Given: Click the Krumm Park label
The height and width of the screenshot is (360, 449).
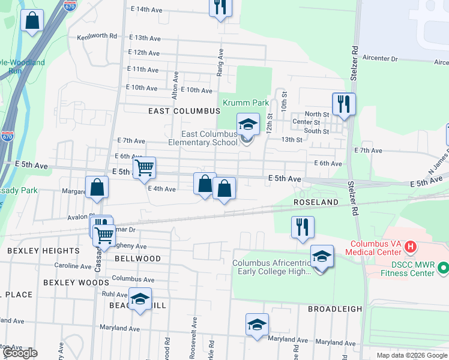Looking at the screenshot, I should pos(246,103).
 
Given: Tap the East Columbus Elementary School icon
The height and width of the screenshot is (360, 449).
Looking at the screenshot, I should pos(247,125).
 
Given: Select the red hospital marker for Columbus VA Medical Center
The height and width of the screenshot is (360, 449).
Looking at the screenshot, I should pos(411,246).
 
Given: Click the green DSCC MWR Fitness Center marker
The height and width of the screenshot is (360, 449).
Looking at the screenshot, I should pos(444,266).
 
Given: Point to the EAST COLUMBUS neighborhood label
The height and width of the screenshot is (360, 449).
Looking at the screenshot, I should pos(184,111).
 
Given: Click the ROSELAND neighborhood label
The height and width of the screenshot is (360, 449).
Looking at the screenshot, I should pos(316,202).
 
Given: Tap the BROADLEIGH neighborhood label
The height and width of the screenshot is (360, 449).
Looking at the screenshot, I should pos(335,309).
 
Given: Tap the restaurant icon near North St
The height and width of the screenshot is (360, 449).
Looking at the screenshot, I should pos(343,103).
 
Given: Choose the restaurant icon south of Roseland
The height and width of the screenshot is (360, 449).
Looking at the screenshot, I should pos(302,227).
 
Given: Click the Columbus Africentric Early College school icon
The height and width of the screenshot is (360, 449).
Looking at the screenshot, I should pos(322,256).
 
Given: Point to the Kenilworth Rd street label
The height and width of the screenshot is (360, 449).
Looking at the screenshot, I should pos(97,36).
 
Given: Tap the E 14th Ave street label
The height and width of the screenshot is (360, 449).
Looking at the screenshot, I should pos(146,10).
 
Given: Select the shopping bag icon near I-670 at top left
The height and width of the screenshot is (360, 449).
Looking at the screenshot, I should pos(32,20).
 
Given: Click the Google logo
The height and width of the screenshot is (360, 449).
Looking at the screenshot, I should pos(20,353).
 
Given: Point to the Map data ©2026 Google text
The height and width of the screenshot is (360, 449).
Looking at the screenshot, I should pos(411,355).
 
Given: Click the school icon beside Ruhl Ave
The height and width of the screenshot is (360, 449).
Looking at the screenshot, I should pos(140,299).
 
